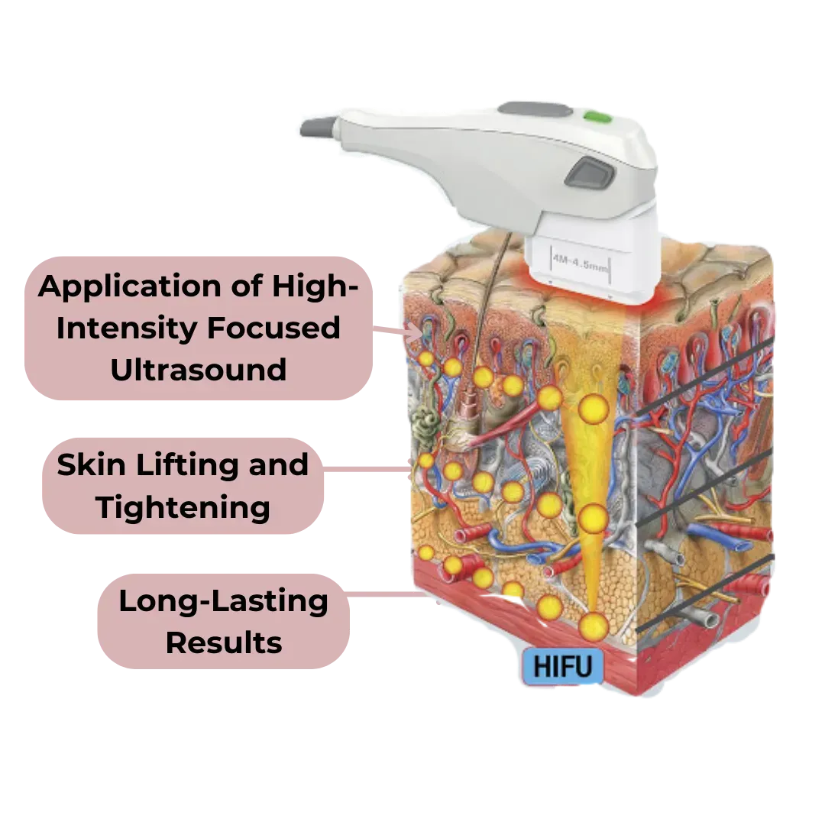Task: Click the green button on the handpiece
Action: pyautogui.click(x=597, y=117)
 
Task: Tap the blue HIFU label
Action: pyautogui.click(x=562, y=666)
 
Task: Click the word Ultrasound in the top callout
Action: pyautogui.click(x=199, y=370)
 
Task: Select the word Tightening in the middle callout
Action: pyautogui.click(x=183, y=508)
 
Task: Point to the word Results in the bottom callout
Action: pyautogui.click(x=224, y=643)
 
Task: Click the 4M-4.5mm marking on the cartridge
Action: pyautogui.click(x=580, y=263)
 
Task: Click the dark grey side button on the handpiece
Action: pyautogui.click(x=590, y=173)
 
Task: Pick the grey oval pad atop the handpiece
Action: pyautogui.click(x=535, y=109)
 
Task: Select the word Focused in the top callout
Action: pyautogui.click(x=273, y=328)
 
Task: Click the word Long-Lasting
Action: pyautogui.click(x=223, y=601)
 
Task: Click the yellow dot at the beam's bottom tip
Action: pyautogui.click(x=594, y=626)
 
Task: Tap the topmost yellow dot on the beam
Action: pyautogui.click(x=594, y=408)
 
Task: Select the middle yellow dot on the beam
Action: pyautogui.click(x=594, y=518)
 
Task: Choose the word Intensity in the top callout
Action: pyautogui.click(x=126, y=328)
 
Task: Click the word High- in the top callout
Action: pyautogui.click(x=315, y=287)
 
